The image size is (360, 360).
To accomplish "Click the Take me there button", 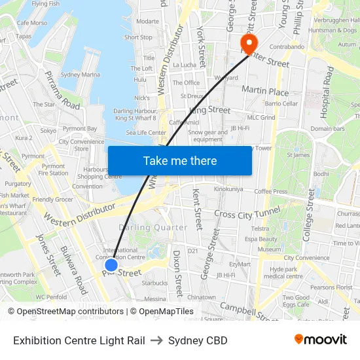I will [180, 161].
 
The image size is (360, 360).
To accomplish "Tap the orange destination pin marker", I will [249, 44].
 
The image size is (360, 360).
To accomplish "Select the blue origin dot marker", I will [111, 265].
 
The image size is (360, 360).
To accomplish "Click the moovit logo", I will [321, 340].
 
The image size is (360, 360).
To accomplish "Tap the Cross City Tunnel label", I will [247, 213].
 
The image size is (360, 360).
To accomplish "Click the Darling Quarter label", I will [153, 227].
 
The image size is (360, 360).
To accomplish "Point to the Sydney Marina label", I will [82, 75].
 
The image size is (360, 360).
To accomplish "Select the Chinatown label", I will [202, 297].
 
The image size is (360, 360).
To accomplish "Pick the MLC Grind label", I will [261, 118].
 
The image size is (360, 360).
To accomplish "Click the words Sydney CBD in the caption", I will [198, 340].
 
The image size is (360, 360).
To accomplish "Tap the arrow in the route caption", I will [156, 340].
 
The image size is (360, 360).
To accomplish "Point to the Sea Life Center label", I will [146, 132].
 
